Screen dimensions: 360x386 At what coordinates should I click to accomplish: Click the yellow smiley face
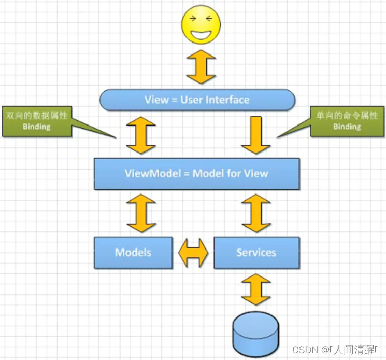pyautogui.click(x=201, y=24)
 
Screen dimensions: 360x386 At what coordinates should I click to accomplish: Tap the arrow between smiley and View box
pyautogui.click(x=201, y=67)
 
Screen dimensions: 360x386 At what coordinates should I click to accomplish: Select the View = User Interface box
pyautogui.click(x=197, y=100)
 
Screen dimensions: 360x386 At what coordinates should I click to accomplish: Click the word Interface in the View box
pyautogui.click(x=228, y=100)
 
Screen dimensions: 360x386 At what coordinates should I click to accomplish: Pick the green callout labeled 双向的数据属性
pyautogui.click(x=37, y=121)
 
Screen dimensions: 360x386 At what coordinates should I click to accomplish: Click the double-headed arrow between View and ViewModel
pyautogui.click(x=141, y=135)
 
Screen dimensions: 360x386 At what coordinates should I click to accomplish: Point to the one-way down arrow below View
pyautogui.click(x=255, y=135)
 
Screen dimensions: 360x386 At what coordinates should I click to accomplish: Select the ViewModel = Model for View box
pyautogui.click(x=196, y=173)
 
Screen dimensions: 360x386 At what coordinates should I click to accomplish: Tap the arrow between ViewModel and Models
pyautogui.click(x=141, y=213)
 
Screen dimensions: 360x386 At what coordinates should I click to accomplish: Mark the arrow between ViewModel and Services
pyautogui.click(x=255, y=213)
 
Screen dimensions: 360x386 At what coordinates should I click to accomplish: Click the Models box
pyautogui.click(x=133, y=253)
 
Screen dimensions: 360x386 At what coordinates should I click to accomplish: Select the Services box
pyautogui.click(x=256, y=253)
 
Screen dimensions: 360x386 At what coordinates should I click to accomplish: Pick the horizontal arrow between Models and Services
pyautogui.click(x=193, y=253)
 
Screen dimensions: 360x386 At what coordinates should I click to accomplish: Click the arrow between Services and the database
pyautogui.click(x=255, y=291)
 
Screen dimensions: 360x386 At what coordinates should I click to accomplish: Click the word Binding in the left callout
pyautogui.click(x=37, y=127)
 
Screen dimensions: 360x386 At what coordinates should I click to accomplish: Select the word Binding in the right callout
pyautogui.click(x=347, y=127)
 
